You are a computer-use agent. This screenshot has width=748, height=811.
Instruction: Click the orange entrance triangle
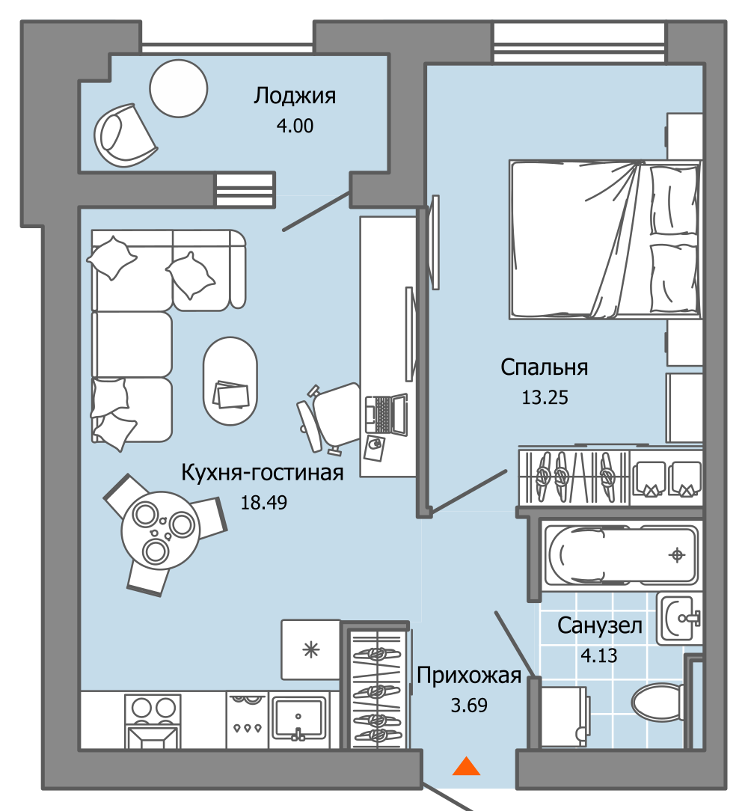click(x=466, y=766)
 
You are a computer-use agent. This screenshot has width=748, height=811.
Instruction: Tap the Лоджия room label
click(x=295, y=97)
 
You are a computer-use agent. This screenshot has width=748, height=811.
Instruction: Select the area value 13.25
click(x=545, y=398)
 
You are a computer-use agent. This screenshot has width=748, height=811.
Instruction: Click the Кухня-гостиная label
click(x=263, y=473)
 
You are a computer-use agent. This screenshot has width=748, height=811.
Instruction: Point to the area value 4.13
click(x=599, y=656)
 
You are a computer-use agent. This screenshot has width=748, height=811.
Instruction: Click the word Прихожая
click(x=469, y=676)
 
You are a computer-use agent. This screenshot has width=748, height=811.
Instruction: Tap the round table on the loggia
click(x=179, y=88)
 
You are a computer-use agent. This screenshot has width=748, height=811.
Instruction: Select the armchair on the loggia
click(x=125, y=135)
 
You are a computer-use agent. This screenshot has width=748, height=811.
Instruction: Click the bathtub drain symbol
click(x=677, y=555)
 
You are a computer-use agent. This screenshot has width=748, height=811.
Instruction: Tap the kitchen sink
click(x=299, y=717)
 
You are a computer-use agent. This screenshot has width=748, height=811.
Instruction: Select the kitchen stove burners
click(x=153, y=708)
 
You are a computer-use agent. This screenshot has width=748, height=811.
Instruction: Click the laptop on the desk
click(x=386, y=414)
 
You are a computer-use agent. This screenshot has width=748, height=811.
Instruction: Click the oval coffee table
click(x=230, y=381)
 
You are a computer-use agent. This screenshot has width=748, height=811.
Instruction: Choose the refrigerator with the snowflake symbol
click(x=311, y=649)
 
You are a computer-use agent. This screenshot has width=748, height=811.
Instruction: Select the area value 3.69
click(x=469, y=706)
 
